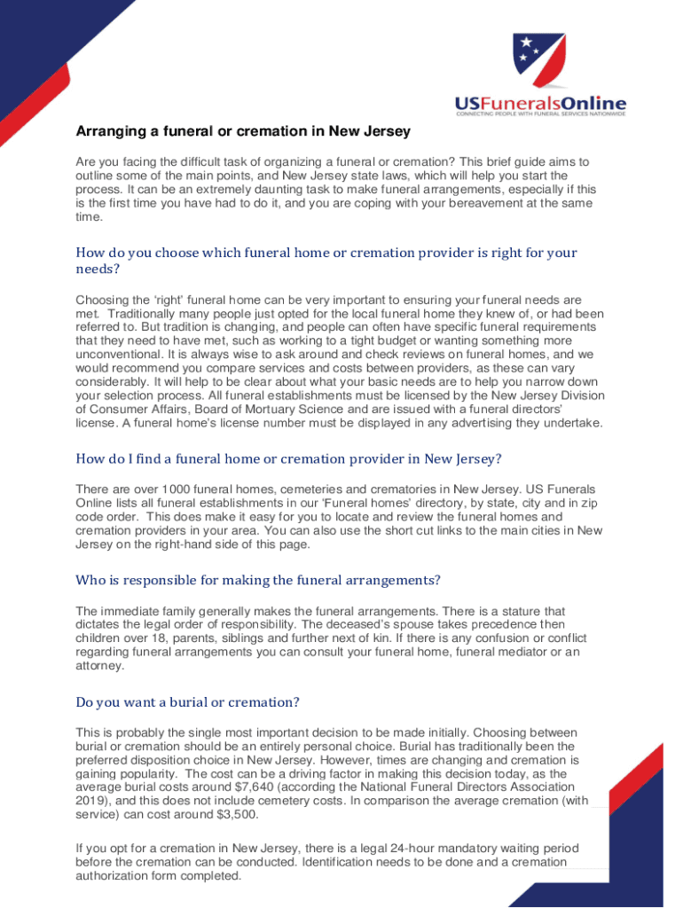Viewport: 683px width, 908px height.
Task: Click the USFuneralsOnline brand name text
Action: [541, 104]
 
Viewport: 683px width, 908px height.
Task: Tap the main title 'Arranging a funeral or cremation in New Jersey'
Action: [243, 132]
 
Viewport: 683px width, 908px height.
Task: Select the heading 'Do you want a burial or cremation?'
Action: [187, 702]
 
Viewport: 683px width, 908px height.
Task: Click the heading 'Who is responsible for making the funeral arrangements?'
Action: [259, 580]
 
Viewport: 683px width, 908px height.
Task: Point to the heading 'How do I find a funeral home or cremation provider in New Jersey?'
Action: [288, 458]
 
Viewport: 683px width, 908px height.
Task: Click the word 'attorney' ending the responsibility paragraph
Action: [99, 666]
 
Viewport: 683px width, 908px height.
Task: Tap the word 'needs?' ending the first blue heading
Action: [98, 270]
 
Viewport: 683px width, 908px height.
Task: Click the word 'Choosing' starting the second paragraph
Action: [102, 301]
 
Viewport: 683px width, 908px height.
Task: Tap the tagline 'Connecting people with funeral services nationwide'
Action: [540, 114]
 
